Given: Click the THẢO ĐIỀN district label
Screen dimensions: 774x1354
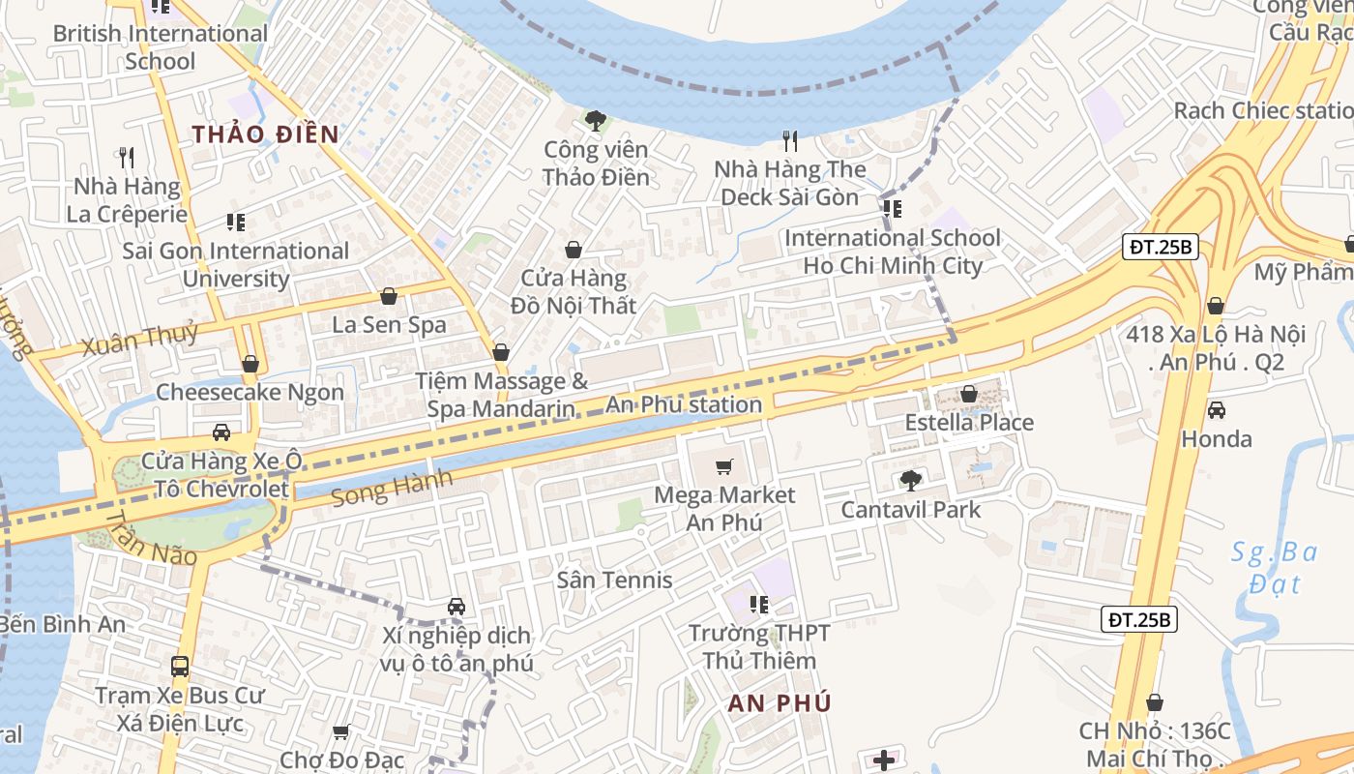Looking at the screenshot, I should pos(265,134).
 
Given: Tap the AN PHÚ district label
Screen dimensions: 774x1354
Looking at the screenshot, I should pos(780,703).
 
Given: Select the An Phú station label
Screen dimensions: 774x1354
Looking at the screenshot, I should pos(684,404).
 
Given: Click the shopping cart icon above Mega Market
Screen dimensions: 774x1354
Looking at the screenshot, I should pos(723,467).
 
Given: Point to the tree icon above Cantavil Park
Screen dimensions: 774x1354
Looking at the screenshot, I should pos(910,480).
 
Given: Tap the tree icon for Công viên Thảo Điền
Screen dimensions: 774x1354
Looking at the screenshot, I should pos(595,121).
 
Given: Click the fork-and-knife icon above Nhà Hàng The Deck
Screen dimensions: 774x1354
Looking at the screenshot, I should pos(790,141).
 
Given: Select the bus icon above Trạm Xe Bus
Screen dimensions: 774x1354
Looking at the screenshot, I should pos(180,666).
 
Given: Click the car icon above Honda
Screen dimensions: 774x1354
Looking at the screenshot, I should pos(1216,410).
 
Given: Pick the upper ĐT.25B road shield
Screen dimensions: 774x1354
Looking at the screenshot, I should pos(1162,247).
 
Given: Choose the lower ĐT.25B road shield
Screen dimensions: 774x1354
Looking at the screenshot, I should pos(1139,619).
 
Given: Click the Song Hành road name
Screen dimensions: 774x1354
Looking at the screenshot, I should pos(392,488).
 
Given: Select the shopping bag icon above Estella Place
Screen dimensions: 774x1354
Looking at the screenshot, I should pos(968,394).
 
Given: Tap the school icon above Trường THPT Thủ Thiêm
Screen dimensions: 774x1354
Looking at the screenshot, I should pos(759,605).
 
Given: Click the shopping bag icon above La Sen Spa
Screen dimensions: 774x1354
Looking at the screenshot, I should pos(389,296).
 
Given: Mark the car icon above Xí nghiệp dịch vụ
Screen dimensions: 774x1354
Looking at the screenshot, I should pos(456,607).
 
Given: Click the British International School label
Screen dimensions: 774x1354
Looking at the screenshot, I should pos(160,46).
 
